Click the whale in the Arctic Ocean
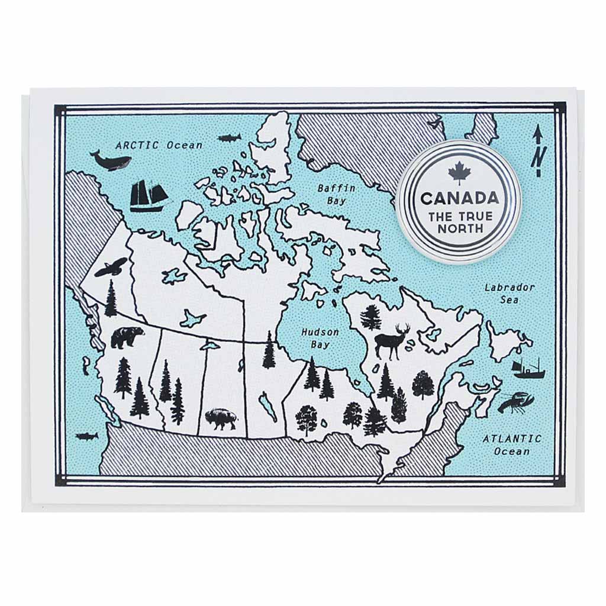point(110,160)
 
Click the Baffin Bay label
point(336,194)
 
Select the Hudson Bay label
point(320,338)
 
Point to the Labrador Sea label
point(509,294)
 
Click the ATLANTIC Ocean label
point(511,444)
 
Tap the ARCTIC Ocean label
point(159,144)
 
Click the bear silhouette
point(127,337)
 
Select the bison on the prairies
point(221,418)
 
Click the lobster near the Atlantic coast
point(515,403)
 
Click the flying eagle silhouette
point(111,267)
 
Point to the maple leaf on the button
point(458,173)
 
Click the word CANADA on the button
point(459,198)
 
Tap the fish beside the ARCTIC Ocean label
point(228,138)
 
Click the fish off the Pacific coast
point(86,436)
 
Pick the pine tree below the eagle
point(111,298)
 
